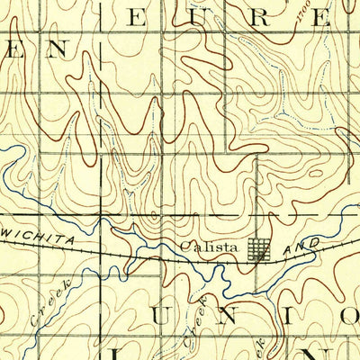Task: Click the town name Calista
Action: [x=210, y=247]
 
